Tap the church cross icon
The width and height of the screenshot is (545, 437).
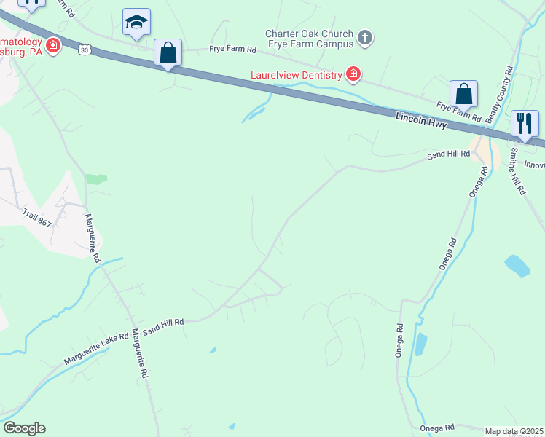click(x=365, y=37)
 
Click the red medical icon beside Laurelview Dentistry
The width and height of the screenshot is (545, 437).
click(x=353, y=74)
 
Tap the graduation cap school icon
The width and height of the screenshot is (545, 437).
click(x=136, y=23)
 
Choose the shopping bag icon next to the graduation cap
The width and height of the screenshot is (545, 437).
click(x=168, y=53)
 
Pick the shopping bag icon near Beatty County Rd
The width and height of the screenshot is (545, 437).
click(x=463, y=94)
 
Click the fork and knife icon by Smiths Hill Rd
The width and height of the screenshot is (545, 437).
click(x=525, y=124)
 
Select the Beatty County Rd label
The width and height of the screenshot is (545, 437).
click(x=500, y=93)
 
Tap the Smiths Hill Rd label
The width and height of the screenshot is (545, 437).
click(x=517, y=171)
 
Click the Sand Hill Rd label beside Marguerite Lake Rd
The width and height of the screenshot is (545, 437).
click(x=163, y=326)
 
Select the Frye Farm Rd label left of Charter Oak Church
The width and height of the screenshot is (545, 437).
click(x=233, y=50)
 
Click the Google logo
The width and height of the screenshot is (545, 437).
click(x=24, y=428)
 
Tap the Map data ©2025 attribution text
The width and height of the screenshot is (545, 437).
click(x=514, y=431)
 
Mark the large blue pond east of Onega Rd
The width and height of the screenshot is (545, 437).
click(x=517, y=266)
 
